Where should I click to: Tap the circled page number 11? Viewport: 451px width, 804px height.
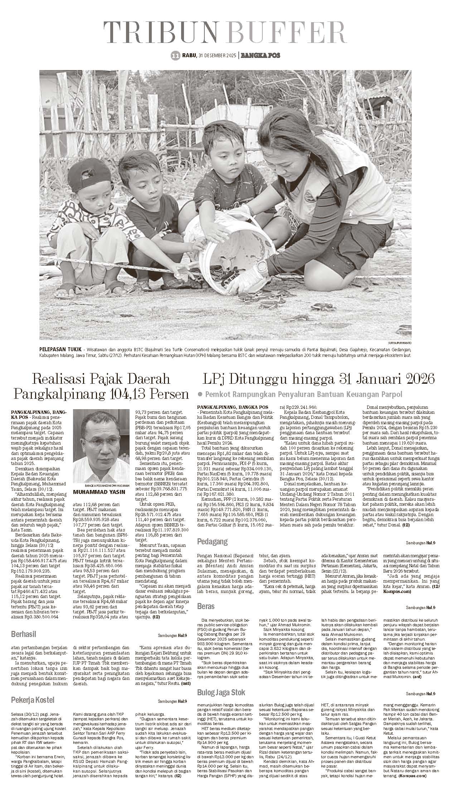point(175,55)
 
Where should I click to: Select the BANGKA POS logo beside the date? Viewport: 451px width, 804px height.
point(260,55)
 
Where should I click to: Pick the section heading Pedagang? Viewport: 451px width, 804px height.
point(212,542)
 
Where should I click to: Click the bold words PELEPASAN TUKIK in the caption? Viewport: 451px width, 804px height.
point(58,349)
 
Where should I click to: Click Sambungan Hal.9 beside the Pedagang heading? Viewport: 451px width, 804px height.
point(420,543)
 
